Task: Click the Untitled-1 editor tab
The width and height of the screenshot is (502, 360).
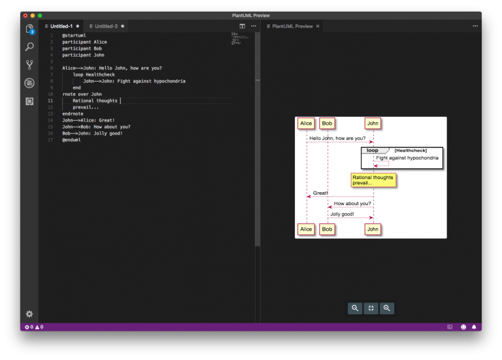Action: pos(61,26)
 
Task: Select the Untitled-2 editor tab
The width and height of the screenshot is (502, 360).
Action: pos(106,26)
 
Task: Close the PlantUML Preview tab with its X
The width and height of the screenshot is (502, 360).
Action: pos(318,26)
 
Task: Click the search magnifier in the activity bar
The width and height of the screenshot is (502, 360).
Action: pos(29,47)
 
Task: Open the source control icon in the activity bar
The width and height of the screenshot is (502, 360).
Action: pos(29,65)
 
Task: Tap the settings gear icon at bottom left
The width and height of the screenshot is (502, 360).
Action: pos(29,314)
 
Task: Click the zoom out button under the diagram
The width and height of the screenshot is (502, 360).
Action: pos(355,308)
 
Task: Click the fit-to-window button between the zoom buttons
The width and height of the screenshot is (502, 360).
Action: pos(371,308)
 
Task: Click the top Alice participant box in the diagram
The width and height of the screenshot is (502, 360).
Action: pos(305,123)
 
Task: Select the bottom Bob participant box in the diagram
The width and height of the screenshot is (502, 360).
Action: pos(327,229)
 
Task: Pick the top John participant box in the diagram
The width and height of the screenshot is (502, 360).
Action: pos(373,123)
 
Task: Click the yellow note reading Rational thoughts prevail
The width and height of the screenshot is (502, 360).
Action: pos(373,180)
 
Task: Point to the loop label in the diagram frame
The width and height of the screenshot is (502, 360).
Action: pos(372,150)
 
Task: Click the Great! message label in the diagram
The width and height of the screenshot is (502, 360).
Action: pos(320,193)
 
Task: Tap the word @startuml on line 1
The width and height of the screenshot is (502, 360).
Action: pos(74,35)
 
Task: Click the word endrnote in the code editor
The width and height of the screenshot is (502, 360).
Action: pos(73,114)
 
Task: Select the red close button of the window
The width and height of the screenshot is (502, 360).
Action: pos(25,15)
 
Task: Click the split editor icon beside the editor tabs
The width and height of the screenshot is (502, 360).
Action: pos(242,26)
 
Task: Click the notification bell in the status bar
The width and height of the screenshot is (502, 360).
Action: pos(474,327)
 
